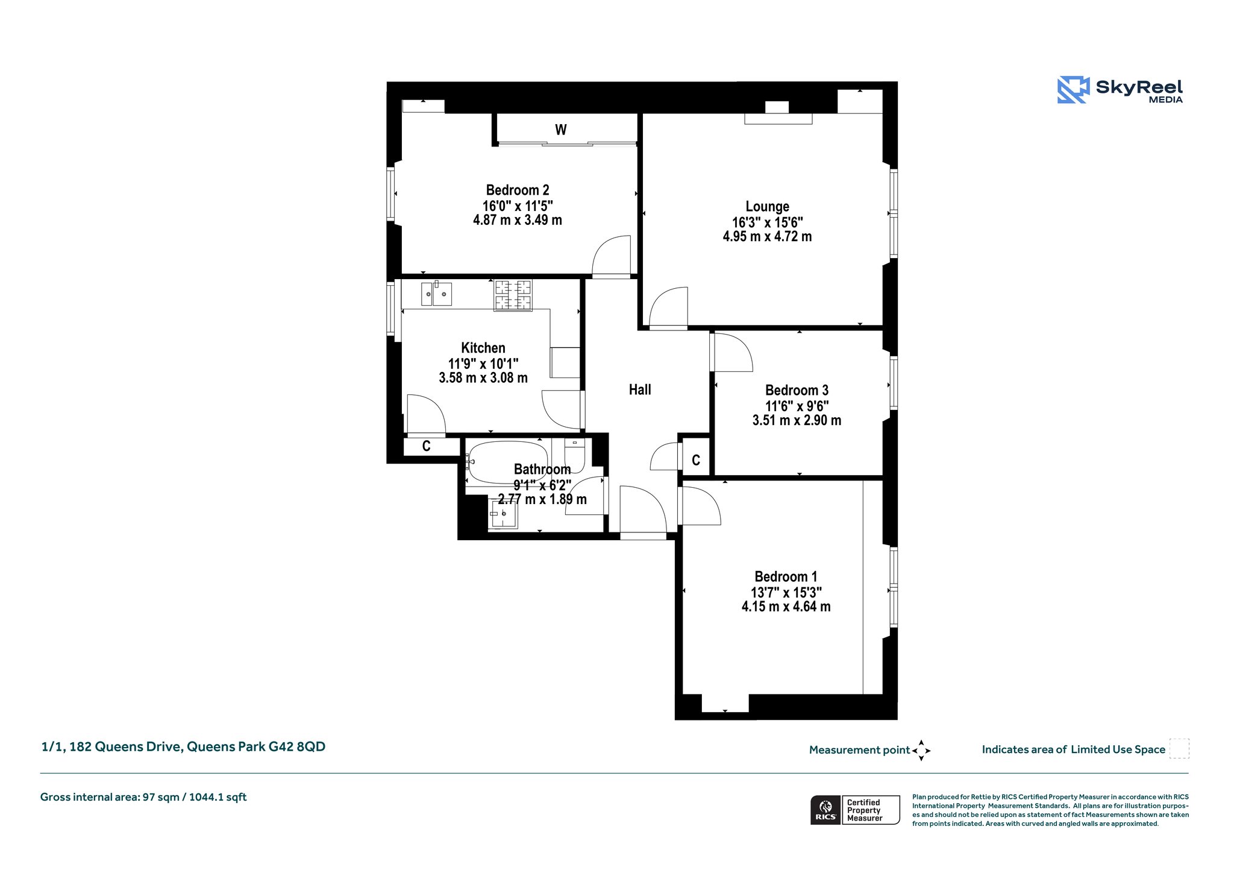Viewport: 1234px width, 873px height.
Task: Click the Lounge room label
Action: tap(767, 207)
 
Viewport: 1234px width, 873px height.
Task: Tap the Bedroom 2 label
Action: tap(518, 191)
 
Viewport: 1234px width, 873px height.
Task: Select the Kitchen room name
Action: tap(483, 348)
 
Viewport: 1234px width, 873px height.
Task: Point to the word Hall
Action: tap(640, 389)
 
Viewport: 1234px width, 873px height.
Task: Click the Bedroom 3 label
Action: tap(797, 390)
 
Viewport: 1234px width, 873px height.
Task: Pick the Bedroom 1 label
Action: tap(786, 576)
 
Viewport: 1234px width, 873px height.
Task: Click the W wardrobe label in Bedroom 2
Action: tap(561, 130)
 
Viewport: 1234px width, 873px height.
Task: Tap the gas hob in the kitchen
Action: tap(513, 295)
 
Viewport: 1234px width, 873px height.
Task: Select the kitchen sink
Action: tap(436, 294)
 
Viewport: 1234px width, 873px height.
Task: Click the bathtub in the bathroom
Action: tap(507, 462)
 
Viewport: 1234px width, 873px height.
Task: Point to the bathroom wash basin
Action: tap(503, 514)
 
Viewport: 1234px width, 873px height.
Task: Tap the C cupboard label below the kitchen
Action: tap(427, 447)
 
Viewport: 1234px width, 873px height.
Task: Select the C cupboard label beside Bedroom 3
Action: tap(696, 461)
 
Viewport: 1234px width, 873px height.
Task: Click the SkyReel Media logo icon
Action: tap(1073, 90)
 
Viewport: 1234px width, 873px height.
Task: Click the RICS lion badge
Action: tap(825, 810)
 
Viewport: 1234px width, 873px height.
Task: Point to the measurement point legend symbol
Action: tap(921, 751)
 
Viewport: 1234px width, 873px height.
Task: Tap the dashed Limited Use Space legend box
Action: tap(1179, 749)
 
